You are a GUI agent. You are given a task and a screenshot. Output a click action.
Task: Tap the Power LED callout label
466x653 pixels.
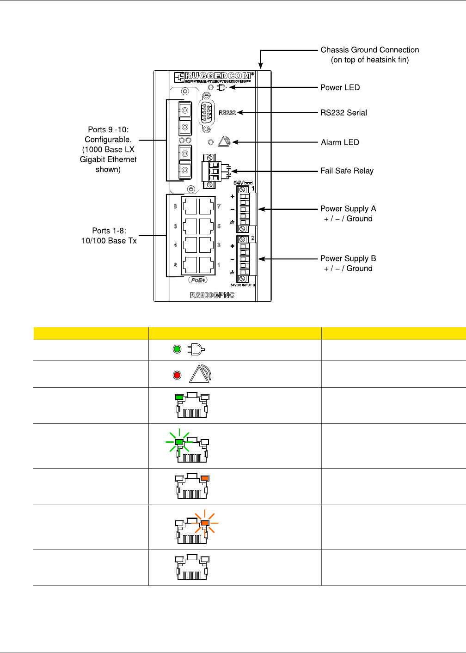[x=340, y=87]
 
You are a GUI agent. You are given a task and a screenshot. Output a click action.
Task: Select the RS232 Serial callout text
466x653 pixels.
[x=343, y=112]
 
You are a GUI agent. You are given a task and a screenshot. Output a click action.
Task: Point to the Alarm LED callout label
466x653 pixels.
[x=340, y=142]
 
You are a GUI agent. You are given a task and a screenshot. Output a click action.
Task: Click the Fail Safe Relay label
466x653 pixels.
[x=347, y=171]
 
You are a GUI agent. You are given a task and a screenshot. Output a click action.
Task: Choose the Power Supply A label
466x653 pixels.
[x=348, y=214]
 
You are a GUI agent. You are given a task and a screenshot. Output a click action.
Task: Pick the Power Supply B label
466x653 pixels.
[x=348, y=263]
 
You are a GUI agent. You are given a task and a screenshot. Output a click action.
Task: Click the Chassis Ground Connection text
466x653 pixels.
[x=369, y=55]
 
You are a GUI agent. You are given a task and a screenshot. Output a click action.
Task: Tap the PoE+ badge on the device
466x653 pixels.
[x=198, y=280]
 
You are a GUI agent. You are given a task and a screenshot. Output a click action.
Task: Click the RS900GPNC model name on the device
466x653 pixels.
[x=212, y=295]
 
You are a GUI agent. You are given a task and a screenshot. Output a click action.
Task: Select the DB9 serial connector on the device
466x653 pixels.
[x=207, y=112]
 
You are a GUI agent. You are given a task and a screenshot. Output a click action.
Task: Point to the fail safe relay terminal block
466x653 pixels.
[x=211, y=171]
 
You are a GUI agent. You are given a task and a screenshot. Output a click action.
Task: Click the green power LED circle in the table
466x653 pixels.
[x=177, y=349]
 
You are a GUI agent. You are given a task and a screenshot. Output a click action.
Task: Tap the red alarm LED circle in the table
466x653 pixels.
[x=177, y=375]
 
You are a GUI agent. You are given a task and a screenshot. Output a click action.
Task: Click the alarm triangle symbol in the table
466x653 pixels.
[x=199, y=373]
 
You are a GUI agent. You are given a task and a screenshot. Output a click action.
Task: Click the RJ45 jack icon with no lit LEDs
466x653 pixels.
[x=192, y=568]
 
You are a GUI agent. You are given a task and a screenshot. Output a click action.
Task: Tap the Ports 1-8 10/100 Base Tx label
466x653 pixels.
[x=109, y=236]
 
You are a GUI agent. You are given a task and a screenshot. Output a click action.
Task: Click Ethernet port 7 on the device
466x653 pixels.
[x=206, y=207]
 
